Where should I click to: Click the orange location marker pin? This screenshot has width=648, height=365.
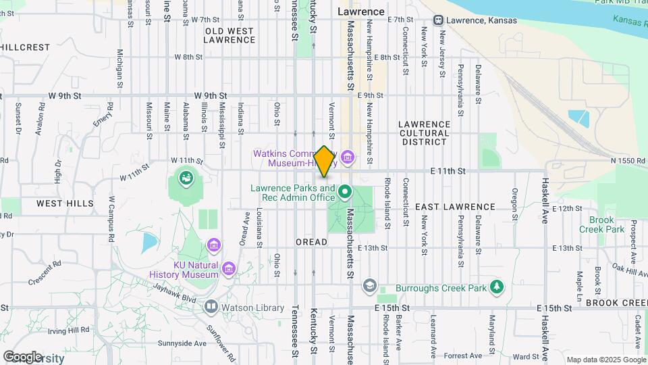pyautogui.click(x=324, y=162)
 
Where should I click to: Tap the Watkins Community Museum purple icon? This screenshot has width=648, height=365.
pyautogui.click(x=348, y=158)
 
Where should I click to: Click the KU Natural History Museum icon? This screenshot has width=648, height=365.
pyautogui.click(x=229, y=270)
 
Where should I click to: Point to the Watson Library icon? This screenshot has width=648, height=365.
pyautogui.click(x=211, y=308)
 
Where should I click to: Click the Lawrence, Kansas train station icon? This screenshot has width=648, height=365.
pyautogui.click(x=439, y=20)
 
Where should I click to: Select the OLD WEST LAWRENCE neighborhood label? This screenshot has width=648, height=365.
pyautogui.click(x=230, y=35)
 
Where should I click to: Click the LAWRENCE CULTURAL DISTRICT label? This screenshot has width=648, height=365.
pyautogui.click(x=424, y=133)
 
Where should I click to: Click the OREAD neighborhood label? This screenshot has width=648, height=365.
pyautogui.click(x=311, y=242)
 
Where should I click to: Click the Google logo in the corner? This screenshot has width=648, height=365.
pyautogui.click(x=22, y=357)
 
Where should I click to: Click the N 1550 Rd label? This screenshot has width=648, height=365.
pyautogui.click(x=628, y=160)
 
